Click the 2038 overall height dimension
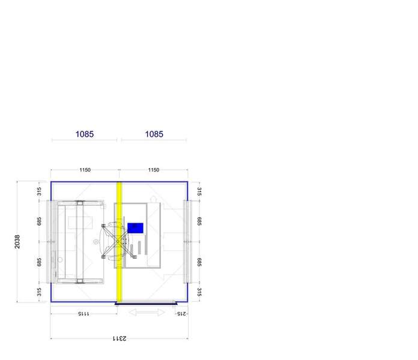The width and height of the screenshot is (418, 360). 17,242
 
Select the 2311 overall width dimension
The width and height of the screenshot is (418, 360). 120,338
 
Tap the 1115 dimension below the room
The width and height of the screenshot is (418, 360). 83,314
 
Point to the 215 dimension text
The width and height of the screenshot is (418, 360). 181,314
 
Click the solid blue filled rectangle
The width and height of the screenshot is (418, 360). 135,228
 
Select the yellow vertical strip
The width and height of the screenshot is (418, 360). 120,242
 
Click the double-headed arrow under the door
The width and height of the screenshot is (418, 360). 147,312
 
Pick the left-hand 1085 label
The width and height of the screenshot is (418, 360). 85,134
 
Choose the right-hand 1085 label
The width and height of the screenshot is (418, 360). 154,134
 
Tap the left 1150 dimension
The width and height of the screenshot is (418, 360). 85,170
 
